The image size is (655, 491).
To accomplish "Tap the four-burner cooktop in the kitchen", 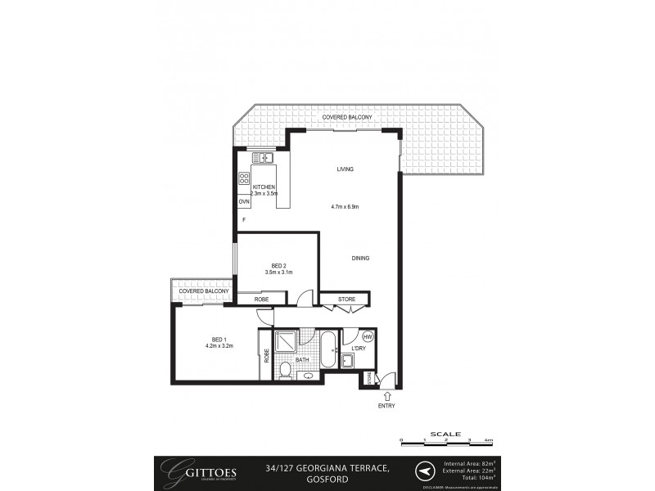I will click(243, 178).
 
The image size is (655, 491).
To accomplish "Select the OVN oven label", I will click(243, 201).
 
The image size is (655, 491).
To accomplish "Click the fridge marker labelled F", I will click(242, 220).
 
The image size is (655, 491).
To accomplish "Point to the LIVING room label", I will click(345, 169).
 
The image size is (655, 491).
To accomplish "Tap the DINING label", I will click(360, 259).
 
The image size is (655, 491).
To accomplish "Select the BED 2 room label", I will click(278, 265).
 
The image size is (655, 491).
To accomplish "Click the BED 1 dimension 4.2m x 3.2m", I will click(219, 346).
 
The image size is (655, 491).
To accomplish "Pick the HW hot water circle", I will click(368, 336).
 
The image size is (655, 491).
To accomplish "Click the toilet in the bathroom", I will click(284, 371).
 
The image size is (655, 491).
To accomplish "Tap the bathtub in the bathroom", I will click(327, 349).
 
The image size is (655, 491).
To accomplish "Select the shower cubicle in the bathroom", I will click(287, 342).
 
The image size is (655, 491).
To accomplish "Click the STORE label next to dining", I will click(347, 300).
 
